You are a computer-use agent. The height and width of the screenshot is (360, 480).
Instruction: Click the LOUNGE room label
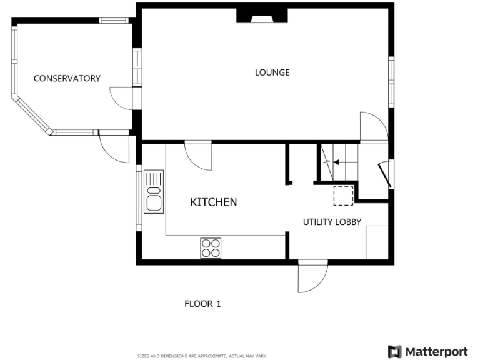[272, 72]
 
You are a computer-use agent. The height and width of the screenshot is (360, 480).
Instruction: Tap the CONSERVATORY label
[67, 78]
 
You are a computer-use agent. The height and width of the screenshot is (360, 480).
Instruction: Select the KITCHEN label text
[213, 202]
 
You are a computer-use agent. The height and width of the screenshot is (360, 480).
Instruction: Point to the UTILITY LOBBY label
[332, 222]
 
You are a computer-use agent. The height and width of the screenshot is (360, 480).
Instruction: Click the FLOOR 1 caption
[202, 304]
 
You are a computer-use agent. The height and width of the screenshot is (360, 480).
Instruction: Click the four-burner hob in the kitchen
[211, 248]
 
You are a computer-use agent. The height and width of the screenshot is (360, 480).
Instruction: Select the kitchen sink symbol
[153, 192]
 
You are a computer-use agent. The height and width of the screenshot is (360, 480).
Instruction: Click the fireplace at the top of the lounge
[262, 16]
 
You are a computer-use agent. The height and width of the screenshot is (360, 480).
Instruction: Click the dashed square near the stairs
[343, 195]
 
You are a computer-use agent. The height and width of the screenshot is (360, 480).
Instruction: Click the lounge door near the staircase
[373, 127]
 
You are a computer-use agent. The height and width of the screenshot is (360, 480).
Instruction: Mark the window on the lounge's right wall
[391, 81]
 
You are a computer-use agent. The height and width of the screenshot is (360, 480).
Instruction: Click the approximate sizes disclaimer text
[202, 356]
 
